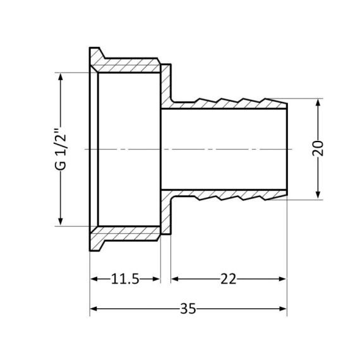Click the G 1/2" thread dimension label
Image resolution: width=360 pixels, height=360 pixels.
[61, 149]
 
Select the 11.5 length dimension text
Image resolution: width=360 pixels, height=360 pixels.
[124, 279]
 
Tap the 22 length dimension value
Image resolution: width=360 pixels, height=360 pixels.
[229, 279]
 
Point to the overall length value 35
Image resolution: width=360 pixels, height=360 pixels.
[188, 309]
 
